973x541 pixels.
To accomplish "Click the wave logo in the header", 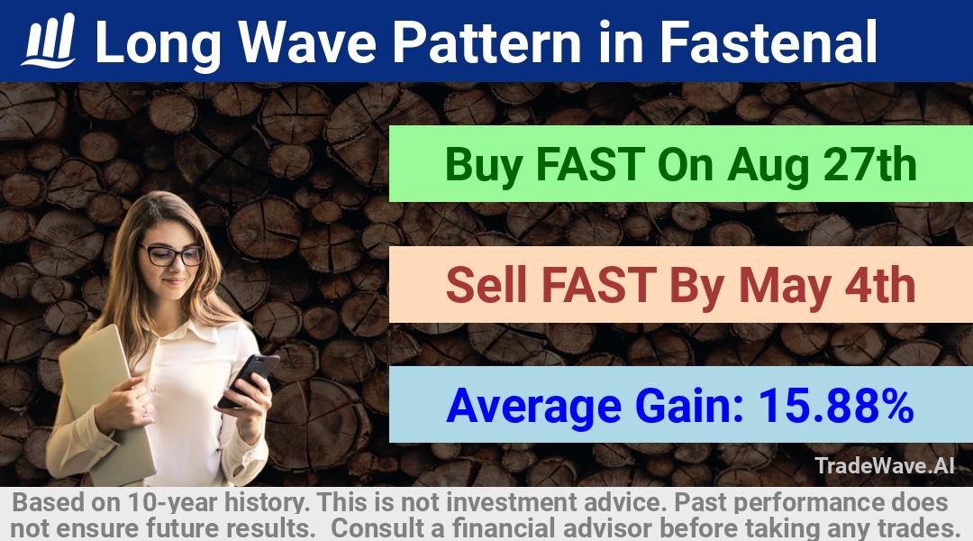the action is coord(49,41).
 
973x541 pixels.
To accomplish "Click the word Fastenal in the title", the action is coord(768,41).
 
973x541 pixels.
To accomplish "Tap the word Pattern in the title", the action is coord(486,41).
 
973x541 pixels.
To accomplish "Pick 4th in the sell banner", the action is coord(880,284).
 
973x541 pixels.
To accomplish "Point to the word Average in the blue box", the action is coord(533,407).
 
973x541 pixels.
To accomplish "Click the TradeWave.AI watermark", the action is coord(885,465).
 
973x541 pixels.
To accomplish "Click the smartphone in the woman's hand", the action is coord(248,380).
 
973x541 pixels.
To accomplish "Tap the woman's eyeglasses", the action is coord(172,254).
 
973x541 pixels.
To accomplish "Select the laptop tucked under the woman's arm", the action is coord(108,404).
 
